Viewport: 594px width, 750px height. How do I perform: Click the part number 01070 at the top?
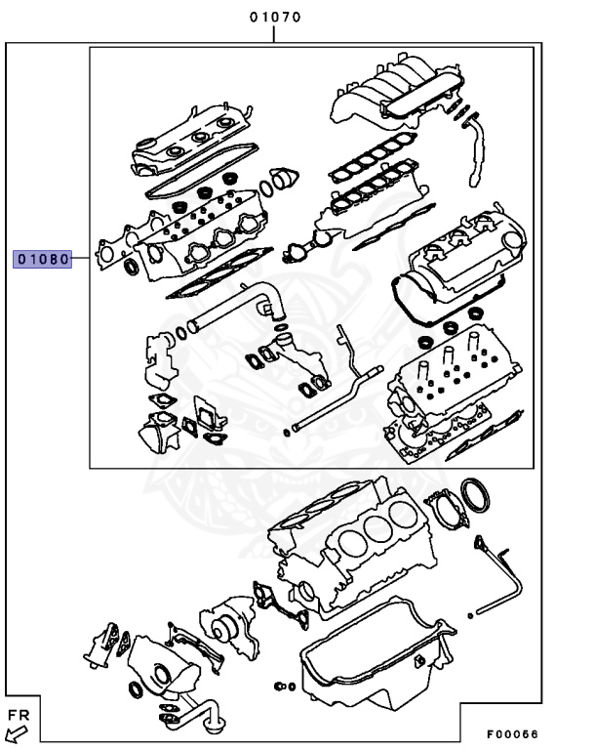click(274, 17)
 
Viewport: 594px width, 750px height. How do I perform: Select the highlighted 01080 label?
click(42, 259)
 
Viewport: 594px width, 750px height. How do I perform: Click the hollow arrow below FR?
click(16, 735)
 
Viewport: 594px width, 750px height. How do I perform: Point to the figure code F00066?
click(512, 734)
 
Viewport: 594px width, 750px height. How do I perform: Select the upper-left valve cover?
click(191, 141)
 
